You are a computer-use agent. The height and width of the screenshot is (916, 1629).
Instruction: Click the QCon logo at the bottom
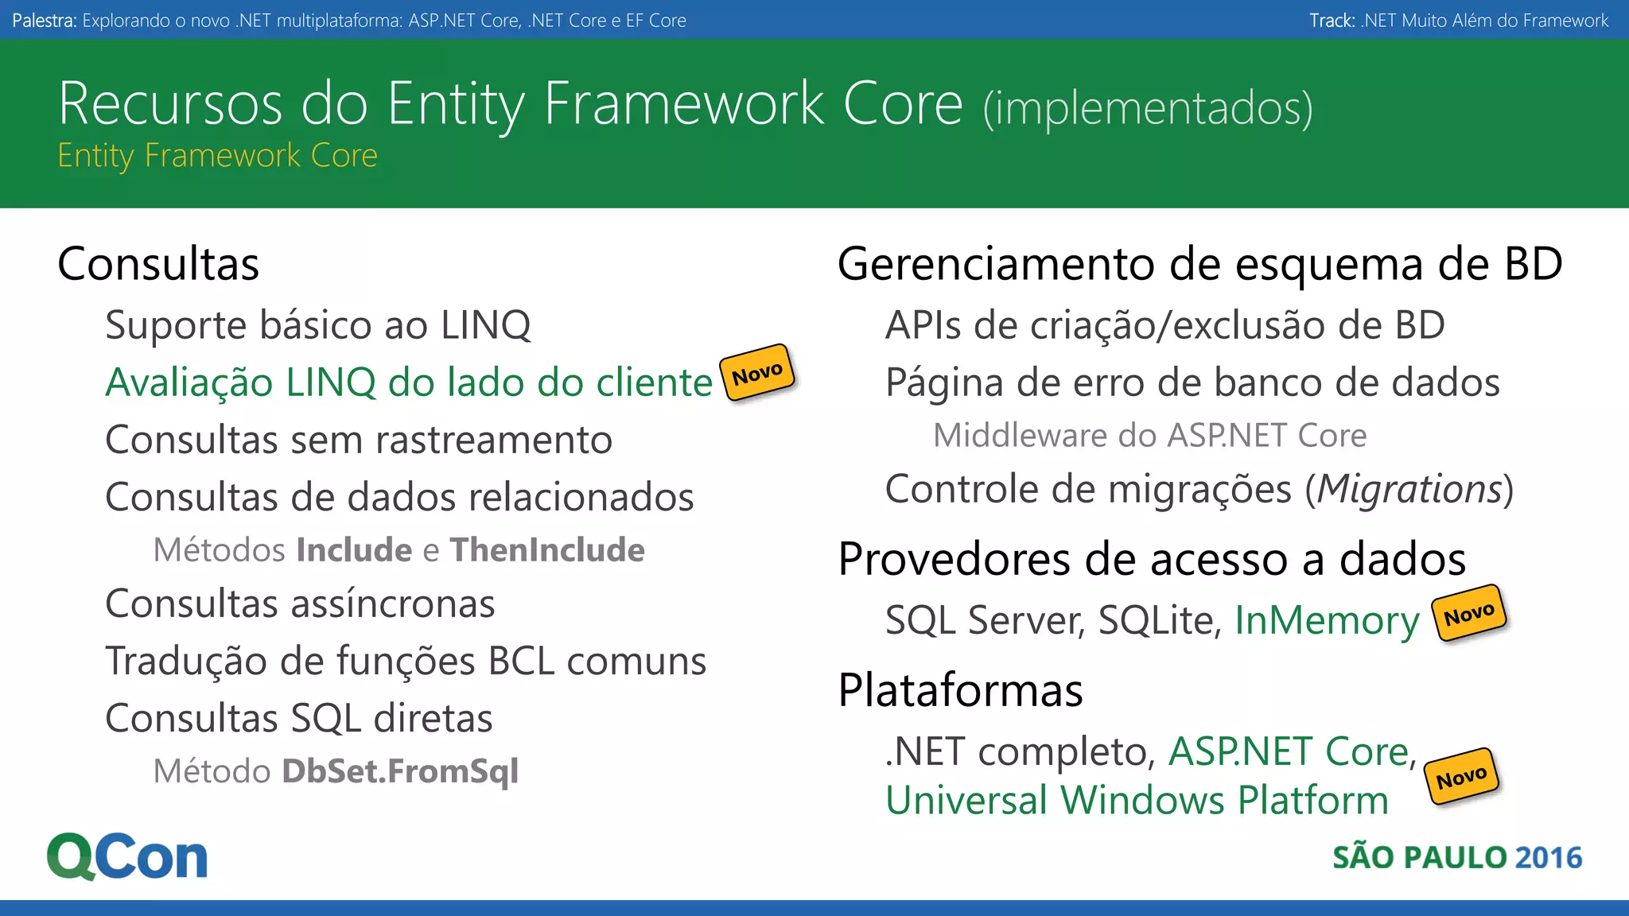[127, 856]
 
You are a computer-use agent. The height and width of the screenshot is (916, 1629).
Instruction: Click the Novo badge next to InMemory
[1468, 613]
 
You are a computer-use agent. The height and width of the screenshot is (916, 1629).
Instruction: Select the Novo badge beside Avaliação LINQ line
[757, 372]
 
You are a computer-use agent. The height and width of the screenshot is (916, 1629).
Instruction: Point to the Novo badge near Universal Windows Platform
[1461, 777]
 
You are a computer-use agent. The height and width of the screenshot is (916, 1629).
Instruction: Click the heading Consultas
[158, 264]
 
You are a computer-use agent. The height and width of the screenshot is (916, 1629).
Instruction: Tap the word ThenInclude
[547, 550]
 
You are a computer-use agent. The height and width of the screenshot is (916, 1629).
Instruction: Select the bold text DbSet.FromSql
[400, 771]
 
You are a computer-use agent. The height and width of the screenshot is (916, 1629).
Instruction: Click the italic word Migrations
[1409, 489]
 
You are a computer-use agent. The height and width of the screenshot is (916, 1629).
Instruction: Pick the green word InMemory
[1327, 620]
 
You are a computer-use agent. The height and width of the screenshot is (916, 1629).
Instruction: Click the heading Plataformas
[960, 690]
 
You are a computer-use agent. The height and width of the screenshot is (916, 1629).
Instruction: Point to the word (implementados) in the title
[1148, 108]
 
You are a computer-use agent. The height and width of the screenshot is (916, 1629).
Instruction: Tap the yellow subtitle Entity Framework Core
[217, 156]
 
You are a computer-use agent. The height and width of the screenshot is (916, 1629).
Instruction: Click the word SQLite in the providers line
[1159, 620]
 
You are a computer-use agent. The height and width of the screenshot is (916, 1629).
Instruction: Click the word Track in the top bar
[1331, 21]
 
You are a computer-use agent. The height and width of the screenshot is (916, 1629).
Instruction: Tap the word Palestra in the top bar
[44, 21]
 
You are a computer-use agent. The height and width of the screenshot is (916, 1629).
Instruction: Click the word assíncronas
[393, 604]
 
